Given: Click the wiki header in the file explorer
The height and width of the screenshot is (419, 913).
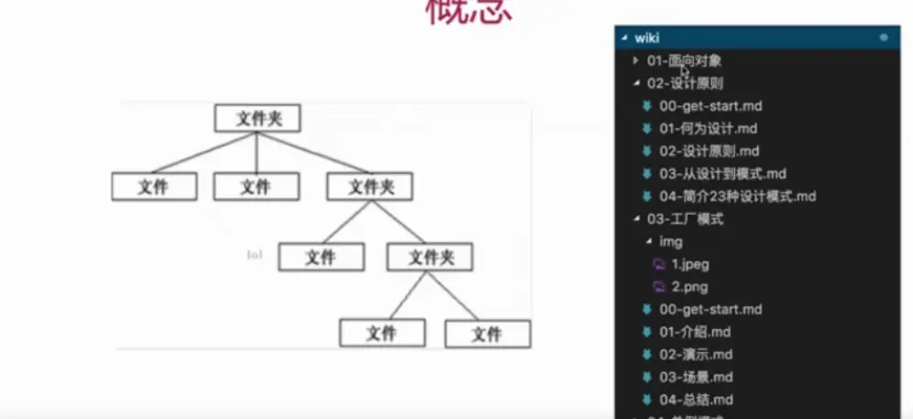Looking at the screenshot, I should [647, 38].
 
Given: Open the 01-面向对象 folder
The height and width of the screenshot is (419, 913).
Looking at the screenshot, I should [684, 61].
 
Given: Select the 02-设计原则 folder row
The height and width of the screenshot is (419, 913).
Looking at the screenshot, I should [684, 83].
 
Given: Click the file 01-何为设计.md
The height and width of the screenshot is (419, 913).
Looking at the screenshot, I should [708, 128].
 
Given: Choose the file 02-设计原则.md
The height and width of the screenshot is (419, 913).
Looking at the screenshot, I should [709, 151].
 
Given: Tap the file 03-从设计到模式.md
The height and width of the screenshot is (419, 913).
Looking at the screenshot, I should [722, 173].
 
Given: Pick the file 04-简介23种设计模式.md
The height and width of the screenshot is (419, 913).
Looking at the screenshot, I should [737, 196].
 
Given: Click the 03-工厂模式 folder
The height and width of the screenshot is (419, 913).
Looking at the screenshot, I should [685, 219].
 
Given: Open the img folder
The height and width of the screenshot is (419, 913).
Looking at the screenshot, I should [671, 241].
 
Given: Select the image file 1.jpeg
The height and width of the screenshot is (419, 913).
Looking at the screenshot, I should [689, 264].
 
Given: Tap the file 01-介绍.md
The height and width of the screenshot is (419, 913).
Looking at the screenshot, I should [695, 332].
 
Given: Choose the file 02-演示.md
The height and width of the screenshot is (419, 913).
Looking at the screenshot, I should [695, 354].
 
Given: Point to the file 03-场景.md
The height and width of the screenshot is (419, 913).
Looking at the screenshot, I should [695, 377].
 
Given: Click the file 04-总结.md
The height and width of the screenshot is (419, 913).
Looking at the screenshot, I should [695, 400].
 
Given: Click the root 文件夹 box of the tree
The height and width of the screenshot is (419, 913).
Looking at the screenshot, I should [258, 118].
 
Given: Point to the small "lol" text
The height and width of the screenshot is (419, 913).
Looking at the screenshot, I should [255, 255].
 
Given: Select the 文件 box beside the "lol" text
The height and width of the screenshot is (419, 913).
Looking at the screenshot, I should [321, 258].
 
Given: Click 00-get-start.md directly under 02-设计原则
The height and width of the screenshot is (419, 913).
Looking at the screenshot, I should [709, 106].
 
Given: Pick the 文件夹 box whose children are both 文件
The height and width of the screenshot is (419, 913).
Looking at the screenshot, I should [430, 258].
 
